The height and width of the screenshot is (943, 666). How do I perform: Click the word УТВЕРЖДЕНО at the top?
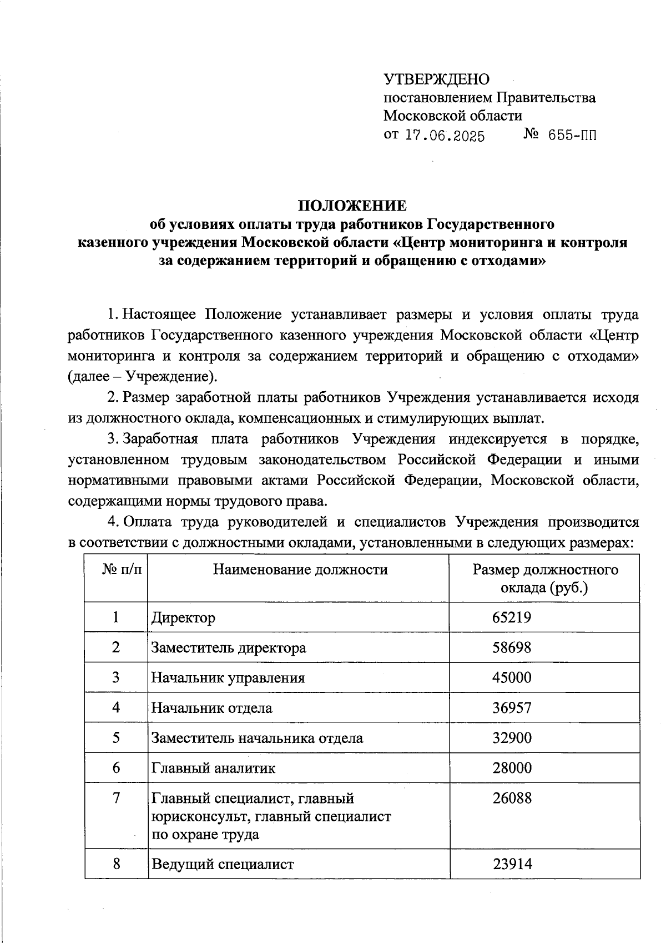437,79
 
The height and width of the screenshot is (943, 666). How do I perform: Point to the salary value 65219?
512,617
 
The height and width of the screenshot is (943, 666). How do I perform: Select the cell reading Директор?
183,617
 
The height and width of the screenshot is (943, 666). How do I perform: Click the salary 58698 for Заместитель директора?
512,647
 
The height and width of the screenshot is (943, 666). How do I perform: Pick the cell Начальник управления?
228,677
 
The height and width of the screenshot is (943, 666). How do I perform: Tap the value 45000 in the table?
512,677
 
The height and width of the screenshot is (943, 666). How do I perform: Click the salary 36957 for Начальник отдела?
512,707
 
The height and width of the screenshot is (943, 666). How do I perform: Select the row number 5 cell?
116,737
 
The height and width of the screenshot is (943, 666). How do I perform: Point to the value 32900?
512,737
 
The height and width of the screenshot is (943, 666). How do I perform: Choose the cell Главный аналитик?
213,768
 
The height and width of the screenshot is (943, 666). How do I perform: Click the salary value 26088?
512,798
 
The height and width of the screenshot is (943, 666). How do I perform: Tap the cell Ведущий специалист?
223,864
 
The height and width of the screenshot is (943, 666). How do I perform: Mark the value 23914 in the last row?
512,864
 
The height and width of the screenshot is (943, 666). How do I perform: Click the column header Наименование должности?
300,569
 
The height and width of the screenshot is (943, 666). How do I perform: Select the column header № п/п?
122,569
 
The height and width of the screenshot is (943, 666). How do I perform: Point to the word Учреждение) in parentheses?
172,377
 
